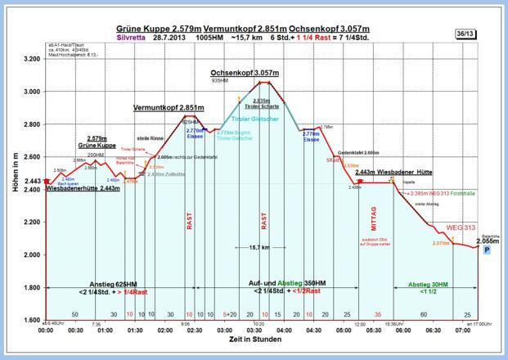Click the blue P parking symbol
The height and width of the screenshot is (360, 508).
[x=487, y=254]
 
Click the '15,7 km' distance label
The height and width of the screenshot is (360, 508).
[x=259, y=247]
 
